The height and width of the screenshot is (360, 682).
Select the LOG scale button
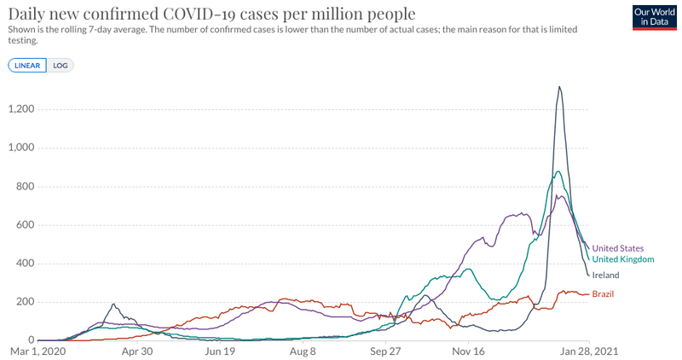(61, 65)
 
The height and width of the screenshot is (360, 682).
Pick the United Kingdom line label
(622, 259)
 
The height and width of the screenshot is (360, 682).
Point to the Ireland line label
(605, 276)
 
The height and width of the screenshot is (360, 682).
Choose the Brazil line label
(603, 294)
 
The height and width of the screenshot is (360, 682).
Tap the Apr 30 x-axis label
(136, 351)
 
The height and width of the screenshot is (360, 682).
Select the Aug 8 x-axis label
(303, 351)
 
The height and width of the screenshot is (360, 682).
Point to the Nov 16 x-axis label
(470, 351)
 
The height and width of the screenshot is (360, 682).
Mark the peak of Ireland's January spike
(559, 86)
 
